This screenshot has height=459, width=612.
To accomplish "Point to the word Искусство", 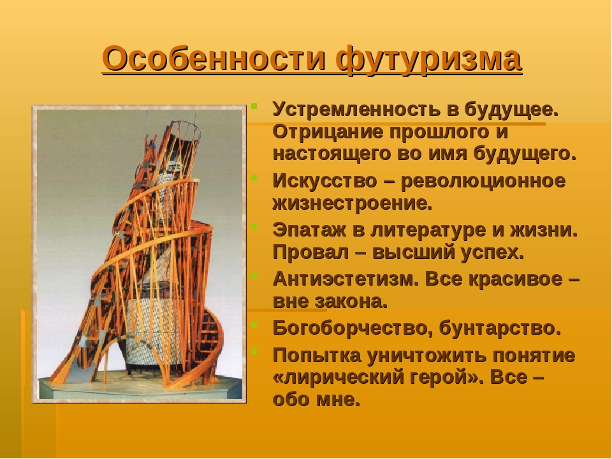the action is coord(324,181).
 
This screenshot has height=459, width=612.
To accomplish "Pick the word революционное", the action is coord(483,181).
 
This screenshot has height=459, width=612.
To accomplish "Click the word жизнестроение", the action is coord(353,203).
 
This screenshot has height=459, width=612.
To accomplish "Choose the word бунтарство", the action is coord(500,329).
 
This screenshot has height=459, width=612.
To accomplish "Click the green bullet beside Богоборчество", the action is coord(254,324).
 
